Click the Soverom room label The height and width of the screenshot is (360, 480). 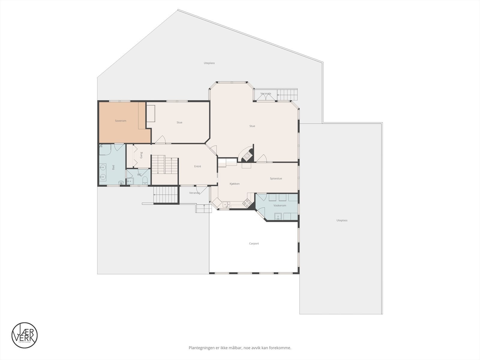[121, 121]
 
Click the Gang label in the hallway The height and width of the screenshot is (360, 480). [141, 155]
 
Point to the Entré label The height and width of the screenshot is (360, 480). [197, 166]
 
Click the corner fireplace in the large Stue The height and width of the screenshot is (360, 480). [247, 155]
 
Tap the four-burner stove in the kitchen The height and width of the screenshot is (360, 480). [247, 203]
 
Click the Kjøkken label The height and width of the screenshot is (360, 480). [235, 184]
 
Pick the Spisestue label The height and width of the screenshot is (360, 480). [276, 178]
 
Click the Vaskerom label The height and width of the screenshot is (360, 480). [280, 205]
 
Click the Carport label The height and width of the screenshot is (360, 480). [254, 244]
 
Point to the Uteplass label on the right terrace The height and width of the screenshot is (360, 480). [342, 220]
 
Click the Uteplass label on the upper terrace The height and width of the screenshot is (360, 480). [209, 63]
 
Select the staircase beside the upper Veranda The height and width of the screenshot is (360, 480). [287, 95]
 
